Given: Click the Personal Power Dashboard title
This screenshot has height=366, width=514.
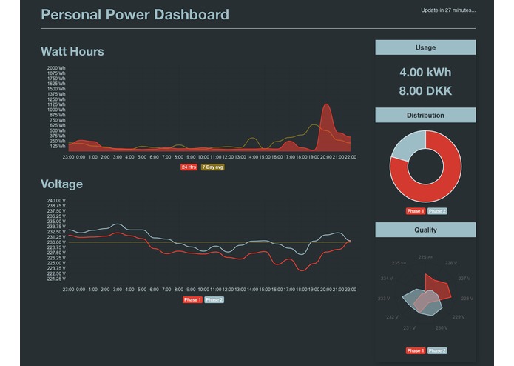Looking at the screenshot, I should pos(135,14).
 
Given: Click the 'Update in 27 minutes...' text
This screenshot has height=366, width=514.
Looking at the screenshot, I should pos(447,10).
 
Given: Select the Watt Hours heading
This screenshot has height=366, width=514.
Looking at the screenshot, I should pos(72,52).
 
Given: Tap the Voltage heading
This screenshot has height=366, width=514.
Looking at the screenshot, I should pos(61,184).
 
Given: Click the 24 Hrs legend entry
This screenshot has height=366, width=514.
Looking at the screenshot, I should pos(189,167).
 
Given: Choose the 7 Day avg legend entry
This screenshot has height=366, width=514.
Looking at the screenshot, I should pos(213,167).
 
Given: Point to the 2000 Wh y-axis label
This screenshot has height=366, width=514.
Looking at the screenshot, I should pos(57,68).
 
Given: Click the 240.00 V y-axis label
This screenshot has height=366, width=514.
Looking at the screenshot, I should pos(57,201).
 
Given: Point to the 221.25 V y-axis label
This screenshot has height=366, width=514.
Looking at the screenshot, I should pos(57,279).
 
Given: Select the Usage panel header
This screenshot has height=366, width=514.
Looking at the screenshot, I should pos(425,47).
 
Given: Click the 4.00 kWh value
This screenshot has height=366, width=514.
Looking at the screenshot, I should pos(425,73).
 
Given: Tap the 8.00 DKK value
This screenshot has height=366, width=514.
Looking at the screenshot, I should pos(425,92).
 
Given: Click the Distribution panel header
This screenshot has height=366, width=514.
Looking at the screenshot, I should pos(425,116).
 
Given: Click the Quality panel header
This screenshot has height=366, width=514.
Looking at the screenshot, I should pos(425,230).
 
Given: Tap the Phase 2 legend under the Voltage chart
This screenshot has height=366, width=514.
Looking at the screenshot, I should pos(214,300).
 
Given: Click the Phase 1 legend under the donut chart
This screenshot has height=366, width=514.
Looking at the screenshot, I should pos(416,211).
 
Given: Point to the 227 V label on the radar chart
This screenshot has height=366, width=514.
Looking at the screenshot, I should pos(463,279).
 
